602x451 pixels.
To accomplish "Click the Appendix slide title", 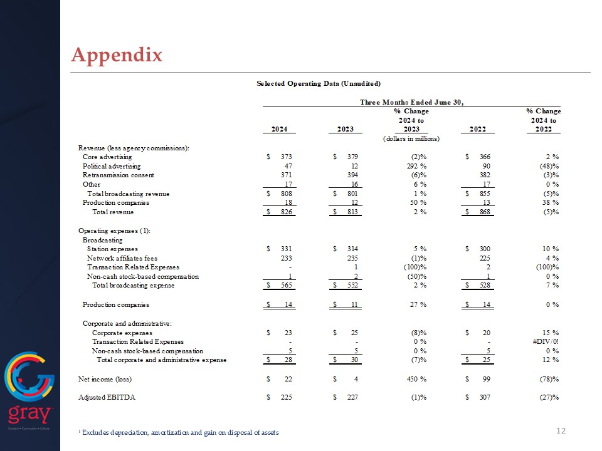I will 117,55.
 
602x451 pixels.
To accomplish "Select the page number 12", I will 561,430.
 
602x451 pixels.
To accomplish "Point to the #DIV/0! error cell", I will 545,341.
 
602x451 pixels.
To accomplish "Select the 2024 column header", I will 280,130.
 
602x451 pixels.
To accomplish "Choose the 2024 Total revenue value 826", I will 286,212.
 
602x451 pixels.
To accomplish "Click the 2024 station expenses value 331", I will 286,249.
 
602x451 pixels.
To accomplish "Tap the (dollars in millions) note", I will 411,138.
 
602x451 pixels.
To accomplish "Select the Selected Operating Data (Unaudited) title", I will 319,83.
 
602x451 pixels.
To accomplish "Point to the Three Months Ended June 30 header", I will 411,102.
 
